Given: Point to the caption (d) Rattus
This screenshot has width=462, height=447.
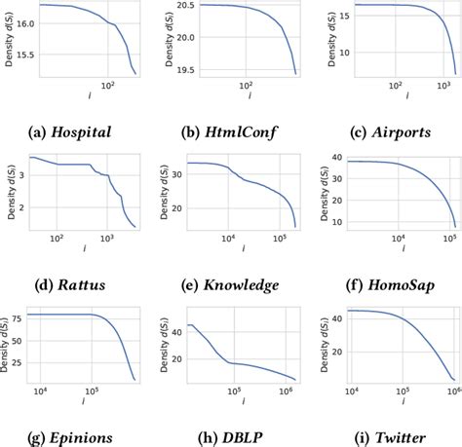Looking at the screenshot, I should [77, 284].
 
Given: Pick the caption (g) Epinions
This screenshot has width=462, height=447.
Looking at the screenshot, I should [77, 436].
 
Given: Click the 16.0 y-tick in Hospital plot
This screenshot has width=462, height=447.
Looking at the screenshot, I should [19, 23].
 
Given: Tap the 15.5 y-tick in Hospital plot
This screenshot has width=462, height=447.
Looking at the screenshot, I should [19, 56].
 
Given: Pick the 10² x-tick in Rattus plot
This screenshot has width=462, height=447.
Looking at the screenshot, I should [57, 239].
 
